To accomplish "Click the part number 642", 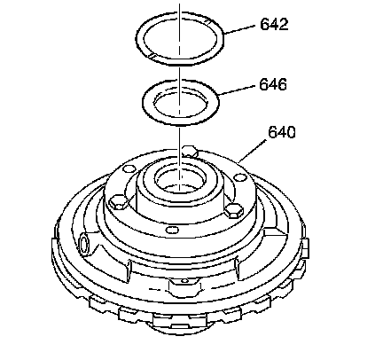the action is [x=274, y=24].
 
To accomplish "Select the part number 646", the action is [x=273, y=84].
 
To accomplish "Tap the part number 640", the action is [x=282, y=132].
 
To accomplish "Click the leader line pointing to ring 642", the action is [x=239, y=29].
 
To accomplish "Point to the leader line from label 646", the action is [x=237, y=90].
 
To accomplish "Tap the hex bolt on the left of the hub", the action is [x=118, y=202].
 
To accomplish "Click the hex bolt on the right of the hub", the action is [x=233, y=210].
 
